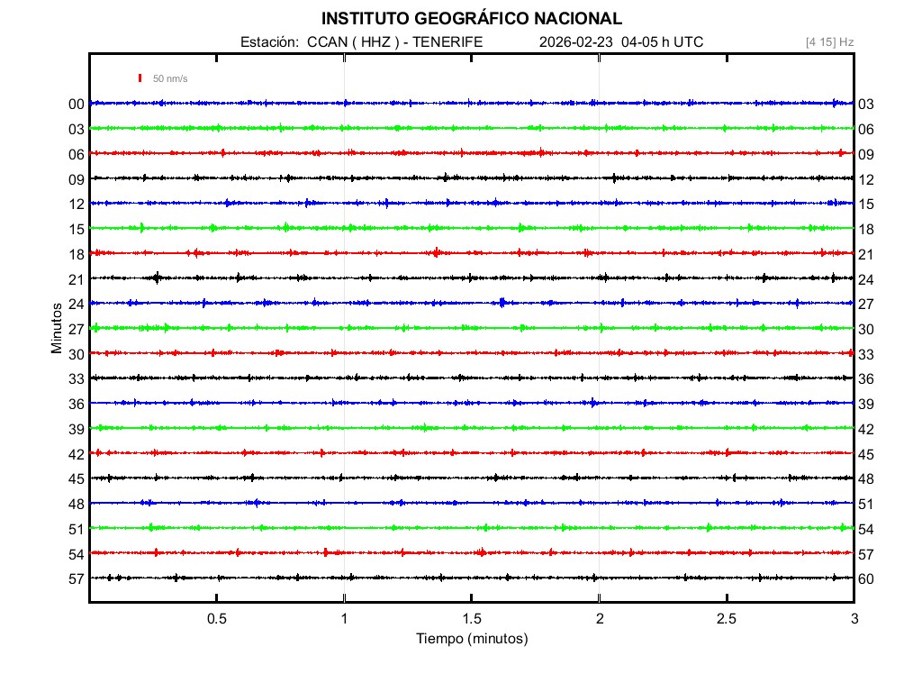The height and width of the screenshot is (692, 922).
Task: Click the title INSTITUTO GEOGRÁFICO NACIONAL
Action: pos(471,18)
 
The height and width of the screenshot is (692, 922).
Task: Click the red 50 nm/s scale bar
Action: pos(140,78)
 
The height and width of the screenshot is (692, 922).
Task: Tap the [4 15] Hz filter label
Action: pos(829,42)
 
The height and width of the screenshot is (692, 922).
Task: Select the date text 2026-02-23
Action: pos(575,42)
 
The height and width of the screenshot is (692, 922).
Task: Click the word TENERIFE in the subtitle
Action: pos(448,42)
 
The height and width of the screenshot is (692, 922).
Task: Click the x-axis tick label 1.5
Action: pos(472,619)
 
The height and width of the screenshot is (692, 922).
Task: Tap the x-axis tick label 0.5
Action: pos(216,619)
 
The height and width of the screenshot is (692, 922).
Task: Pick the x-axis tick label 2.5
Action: pos(727,619)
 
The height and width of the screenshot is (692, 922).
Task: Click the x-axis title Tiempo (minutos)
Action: pos(471,639)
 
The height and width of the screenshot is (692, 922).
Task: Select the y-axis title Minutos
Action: pos(57,327)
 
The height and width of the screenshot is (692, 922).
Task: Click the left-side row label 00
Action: pos(76,105)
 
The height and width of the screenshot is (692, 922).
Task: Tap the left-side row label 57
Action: pos(76,579)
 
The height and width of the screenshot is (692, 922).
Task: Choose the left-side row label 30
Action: pos(76,354)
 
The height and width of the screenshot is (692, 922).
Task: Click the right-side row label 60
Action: pos(865,579)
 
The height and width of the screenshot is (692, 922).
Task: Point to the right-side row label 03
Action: pos(865,105)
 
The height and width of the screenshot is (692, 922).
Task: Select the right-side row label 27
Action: pos(865,305)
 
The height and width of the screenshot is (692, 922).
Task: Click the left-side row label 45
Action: pos(76,479)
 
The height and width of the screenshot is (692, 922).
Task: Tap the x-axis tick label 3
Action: pos(854,619)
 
